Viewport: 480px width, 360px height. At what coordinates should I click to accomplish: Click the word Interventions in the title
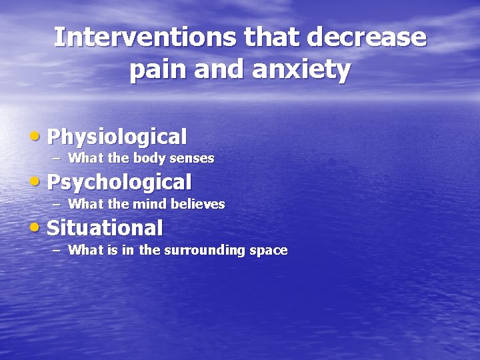pyautogui.click(x=145, y=37)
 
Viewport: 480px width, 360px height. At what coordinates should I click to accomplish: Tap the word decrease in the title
pyautogui.click(x=366, y=37)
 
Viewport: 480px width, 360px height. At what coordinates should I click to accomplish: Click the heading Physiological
pyautogui.click(x=117, y=137)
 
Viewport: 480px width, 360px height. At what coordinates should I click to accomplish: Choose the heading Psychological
pyautogui.click(x=119, y=182)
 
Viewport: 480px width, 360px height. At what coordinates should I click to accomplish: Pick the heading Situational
pyautogui.click(x=105, y=228)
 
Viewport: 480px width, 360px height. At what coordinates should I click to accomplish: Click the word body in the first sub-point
pyautogui.click(x=147, y=159)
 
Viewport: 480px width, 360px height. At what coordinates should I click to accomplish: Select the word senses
pyautogui.click(x=191, y=159)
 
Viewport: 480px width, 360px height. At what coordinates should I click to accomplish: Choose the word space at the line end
pyautogui.click(x=269, y=251)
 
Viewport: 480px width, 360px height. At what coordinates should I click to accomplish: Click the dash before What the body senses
pyautogui.click(x=56, y=159)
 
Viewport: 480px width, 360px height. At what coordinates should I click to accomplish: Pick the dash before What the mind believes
pyautogui.click(x=56, y=204)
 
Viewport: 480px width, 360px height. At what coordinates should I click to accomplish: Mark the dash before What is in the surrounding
pyautogui.click(x=56, y=251)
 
